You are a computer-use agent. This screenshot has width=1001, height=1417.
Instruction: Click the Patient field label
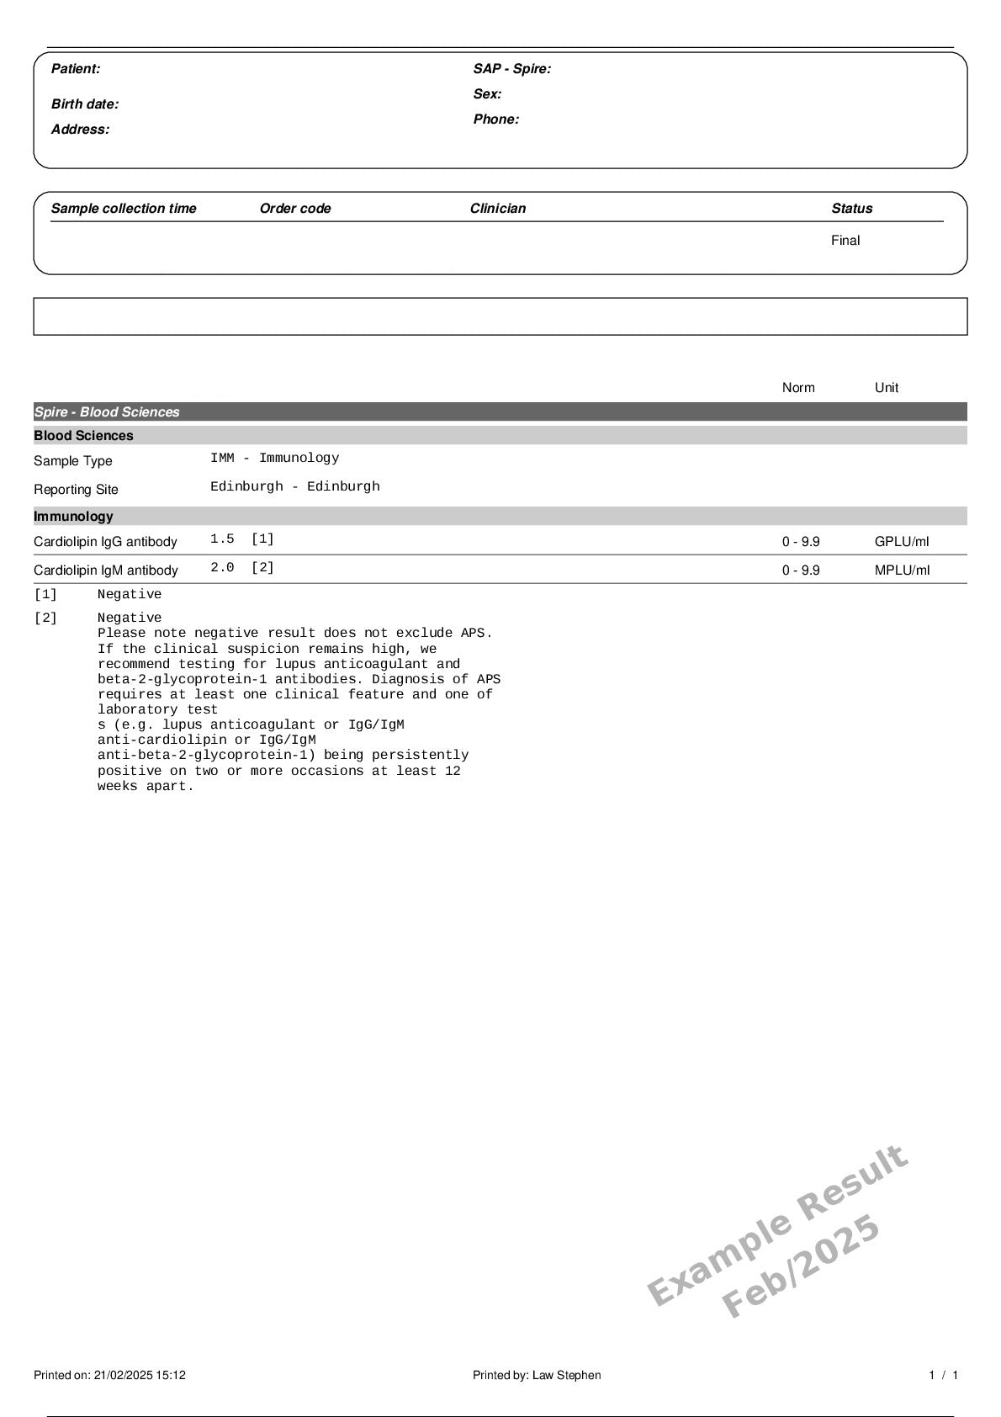(76, 69)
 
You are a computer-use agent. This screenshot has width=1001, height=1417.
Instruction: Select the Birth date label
(85, 104)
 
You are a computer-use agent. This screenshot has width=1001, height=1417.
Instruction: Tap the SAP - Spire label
(511, 69)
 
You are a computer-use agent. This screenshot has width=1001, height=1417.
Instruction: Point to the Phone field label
(495, 119)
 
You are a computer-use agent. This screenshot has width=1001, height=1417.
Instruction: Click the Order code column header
(295, 209)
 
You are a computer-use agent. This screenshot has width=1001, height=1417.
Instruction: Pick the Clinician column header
(498, 209)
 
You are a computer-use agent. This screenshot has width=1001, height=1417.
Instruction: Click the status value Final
(845, 241)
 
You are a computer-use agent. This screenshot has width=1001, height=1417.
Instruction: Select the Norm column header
(798, 388)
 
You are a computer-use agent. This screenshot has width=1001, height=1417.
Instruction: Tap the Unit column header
(887, 388)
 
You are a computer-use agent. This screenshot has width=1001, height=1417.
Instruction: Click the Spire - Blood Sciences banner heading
(107, 412)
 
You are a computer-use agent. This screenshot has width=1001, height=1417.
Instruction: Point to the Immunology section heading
(73, 517)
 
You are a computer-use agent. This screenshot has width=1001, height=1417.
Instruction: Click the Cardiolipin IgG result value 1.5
(222, 539)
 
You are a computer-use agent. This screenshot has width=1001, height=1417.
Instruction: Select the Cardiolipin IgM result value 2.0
(222, 568)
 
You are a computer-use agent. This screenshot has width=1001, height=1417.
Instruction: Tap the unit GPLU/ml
(902, 542)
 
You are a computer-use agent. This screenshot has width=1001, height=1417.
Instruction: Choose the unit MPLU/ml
(902, 571)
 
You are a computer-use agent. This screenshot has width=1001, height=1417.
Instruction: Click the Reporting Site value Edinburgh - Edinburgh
(295, 486)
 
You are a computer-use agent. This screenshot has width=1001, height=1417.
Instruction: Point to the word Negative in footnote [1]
(130, 595)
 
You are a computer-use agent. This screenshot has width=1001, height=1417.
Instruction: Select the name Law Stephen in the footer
(566, 1376)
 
